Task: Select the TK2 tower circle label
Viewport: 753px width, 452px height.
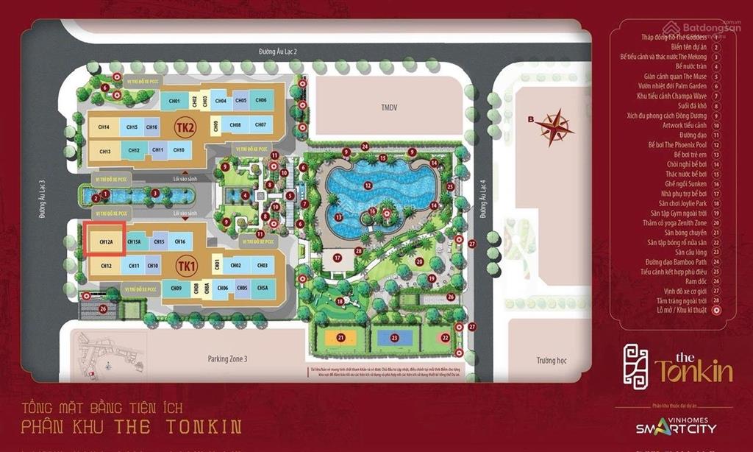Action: pyautogui.click(x=185, y=128)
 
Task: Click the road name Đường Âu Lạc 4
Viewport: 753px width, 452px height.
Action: pyautogui.click(x=484, y=201)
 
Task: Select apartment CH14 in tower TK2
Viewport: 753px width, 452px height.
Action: pyautogui.click(x=104, y=127)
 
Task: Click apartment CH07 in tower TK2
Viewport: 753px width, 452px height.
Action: pyautogui.click(x=260, y=125)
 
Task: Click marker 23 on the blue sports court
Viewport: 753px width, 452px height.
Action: pyautogui.click(x=395, y=338)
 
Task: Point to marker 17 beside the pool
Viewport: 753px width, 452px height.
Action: pyautogui.click(x=337, y=258)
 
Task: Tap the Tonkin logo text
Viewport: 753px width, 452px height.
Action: pyautogui.click(x=693, y=370)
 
